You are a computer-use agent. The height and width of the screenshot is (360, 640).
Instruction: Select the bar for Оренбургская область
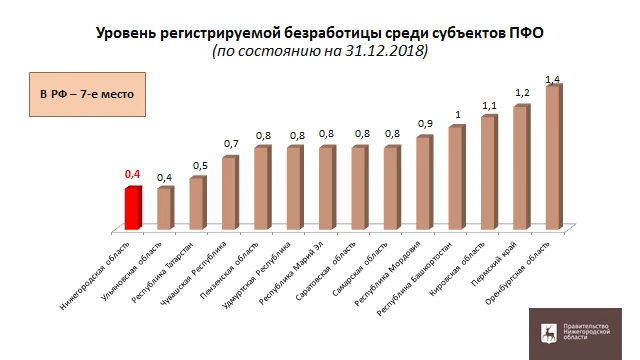pos(553,156)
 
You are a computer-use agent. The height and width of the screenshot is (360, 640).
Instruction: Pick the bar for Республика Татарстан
pos(197,201)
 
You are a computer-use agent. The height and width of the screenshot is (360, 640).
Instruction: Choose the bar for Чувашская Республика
pos(229,191)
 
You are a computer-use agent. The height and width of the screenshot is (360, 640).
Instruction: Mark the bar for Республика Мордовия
pos(423,181)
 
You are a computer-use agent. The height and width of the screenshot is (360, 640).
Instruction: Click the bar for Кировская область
pos(488,171)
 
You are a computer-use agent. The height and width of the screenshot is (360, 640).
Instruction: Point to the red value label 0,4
pos(132,174)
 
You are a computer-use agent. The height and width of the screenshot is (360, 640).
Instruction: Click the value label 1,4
pos(553,78)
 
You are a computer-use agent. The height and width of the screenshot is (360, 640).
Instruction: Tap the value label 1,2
pos(521,93)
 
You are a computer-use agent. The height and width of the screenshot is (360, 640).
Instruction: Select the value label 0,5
pos(200,165)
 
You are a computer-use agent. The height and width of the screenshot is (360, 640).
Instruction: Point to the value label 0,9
pos(426,124)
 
